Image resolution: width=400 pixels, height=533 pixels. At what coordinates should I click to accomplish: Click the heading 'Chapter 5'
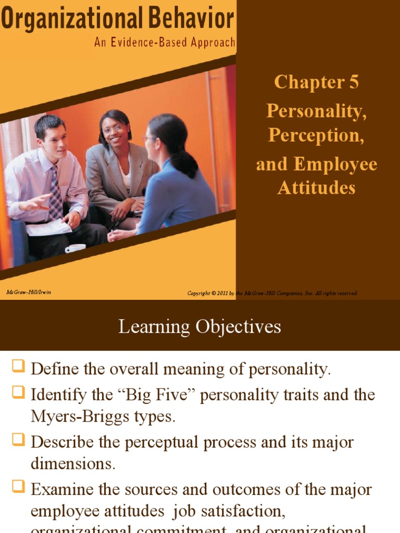click(316, 82)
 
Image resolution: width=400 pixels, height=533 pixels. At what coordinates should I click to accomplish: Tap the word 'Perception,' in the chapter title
click(316, 135)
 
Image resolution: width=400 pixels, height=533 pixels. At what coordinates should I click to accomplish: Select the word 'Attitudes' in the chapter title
click(316, 187)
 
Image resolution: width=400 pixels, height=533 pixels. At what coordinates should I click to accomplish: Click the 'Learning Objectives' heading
click(199, 326)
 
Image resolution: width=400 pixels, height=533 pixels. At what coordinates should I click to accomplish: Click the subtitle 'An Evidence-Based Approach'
click(165, 43)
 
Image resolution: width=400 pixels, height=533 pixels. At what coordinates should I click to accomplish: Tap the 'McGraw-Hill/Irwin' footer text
click(29, 293)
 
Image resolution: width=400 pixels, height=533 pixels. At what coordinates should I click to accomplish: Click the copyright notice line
click(272, 294)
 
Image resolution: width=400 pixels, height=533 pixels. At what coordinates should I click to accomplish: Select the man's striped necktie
click(55, 193)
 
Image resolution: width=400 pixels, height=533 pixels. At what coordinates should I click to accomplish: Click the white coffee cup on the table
click(74, 249)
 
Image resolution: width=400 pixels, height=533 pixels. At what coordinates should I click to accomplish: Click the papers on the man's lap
click(48, 227)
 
